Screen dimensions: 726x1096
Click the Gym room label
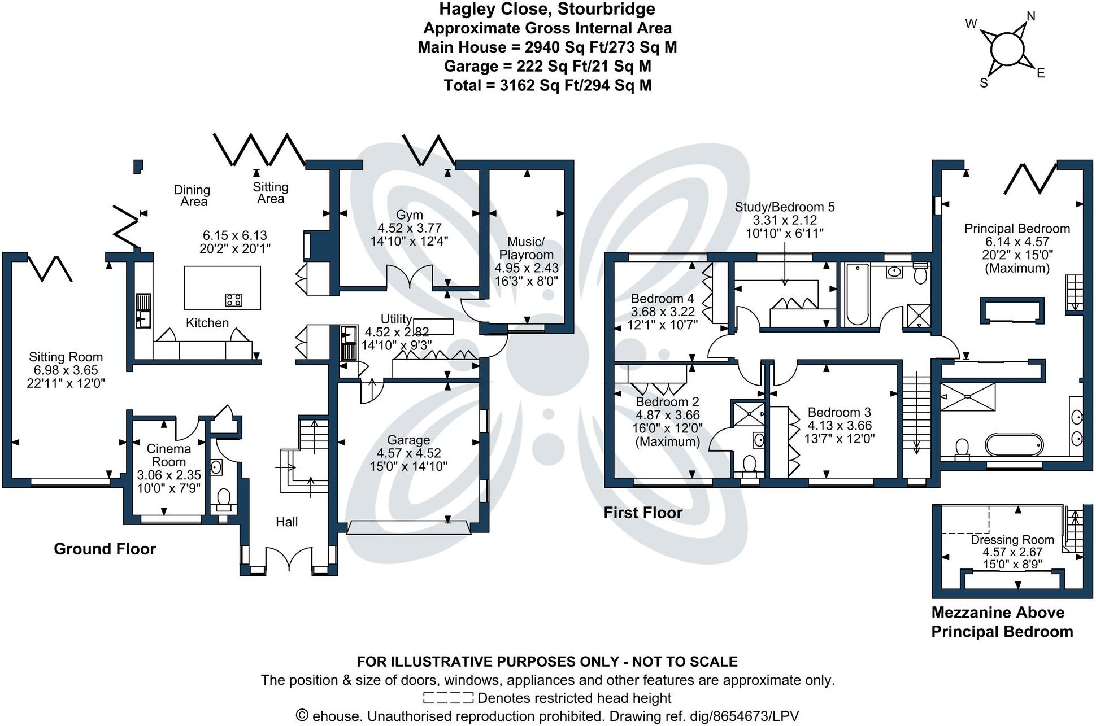(x=409, y=215)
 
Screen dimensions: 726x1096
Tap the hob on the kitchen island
(x=234, y=300)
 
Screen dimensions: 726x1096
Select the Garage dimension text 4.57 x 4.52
(x=408, y=453)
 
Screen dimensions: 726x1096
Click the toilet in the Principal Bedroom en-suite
(x=961, y=448)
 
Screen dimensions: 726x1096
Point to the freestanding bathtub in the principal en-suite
(x=1015, y=445)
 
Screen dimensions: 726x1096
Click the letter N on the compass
(x=1030, y=16)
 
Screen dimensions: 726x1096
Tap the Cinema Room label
(x=168, y=455)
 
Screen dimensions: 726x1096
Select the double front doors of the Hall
(x=289, y=560)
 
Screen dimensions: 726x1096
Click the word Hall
(x=286, y=522)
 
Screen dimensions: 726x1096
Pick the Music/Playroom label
(x=526, y=248)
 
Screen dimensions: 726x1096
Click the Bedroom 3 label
(x=839, y=413)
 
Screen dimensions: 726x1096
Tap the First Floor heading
(x=643, y=513)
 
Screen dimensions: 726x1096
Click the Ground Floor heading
(x=105, y=549)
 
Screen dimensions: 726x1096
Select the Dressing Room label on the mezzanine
(x=1012, y=540)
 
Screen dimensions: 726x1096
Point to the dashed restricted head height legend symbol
(x=448, y=698)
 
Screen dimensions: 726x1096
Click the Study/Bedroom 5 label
(x=784, y=207)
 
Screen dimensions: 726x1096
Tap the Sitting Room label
(x=66, y=357)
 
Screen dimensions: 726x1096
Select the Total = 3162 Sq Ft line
(x=547, y=85)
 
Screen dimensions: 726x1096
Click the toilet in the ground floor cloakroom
(x=223, y=498)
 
